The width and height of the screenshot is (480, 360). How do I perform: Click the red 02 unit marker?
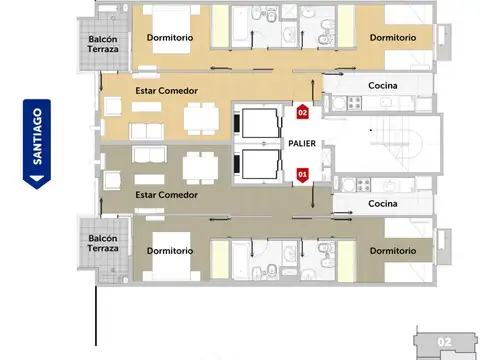[303, 112]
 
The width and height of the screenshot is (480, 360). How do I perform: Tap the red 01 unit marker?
[303, 174]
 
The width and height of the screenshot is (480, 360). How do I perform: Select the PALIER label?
[303, 143]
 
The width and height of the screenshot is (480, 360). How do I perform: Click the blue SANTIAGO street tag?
[36, 144]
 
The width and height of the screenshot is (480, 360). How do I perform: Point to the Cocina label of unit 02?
[383, 86]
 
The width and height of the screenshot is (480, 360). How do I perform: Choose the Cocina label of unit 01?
[383, 203]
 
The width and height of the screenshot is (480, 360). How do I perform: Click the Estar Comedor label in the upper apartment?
[166, 91]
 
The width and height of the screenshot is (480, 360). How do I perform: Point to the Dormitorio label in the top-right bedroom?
[392, 38]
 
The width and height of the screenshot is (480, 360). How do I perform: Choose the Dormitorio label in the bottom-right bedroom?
[392, 250]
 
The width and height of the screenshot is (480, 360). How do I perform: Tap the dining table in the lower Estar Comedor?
[196, 167]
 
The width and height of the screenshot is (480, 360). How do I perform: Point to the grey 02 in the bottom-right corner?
[445, 342]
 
